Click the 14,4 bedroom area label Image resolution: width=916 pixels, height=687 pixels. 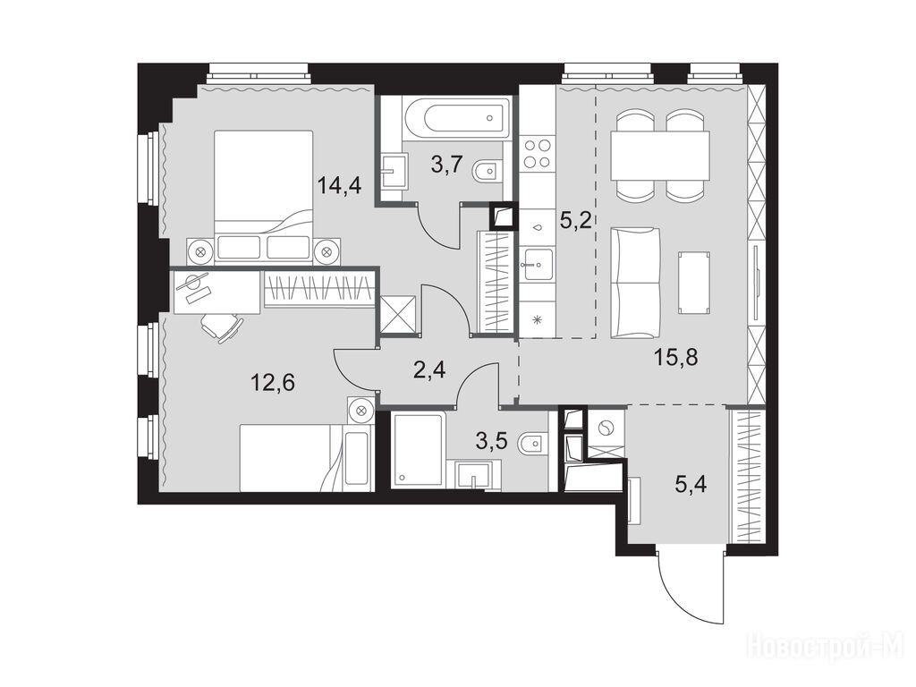[340, 186]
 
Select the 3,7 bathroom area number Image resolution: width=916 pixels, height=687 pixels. [447, 165]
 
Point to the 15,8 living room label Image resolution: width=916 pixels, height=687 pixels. [676, 356]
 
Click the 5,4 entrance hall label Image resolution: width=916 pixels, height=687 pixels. [691, 484]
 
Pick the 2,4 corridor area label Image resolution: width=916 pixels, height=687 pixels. [429, 369]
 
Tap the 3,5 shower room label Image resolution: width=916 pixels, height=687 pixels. [492, 441]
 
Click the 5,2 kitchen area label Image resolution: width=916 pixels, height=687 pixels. [575, 222]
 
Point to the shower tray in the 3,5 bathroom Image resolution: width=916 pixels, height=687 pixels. [419, 449]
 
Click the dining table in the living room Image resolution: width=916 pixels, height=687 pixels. [660, 156]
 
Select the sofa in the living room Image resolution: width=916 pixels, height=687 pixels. [636, 284]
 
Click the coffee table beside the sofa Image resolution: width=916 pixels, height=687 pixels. [694, 283]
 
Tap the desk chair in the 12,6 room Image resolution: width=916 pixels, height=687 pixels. [222, 327]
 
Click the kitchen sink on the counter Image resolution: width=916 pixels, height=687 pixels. [537, 264]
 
